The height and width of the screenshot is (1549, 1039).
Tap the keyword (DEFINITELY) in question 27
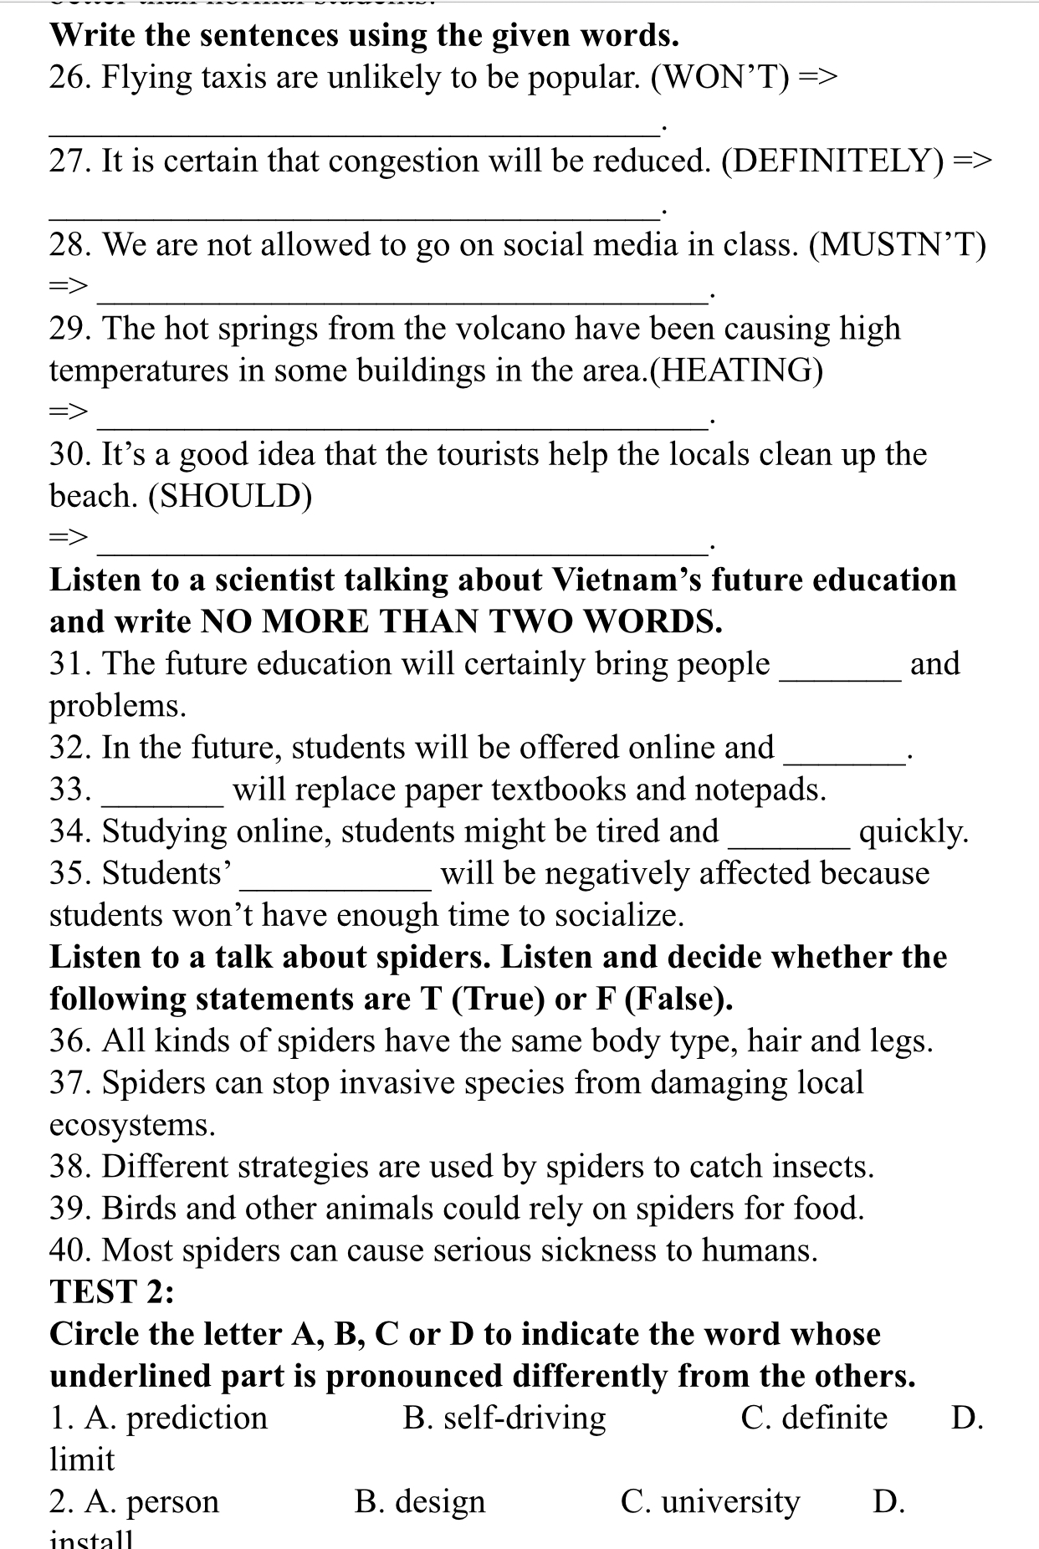(832, 161)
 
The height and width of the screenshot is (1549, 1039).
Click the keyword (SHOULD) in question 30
(230, 497)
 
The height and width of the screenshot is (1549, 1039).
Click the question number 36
(70, 1041)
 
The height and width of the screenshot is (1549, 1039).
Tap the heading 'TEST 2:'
(112, 1292)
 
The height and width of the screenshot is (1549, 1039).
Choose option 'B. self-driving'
(504, 1419)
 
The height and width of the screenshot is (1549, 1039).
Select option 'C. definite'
(814, 1419)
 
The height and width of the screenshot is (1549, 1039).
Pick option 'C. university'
(710, 1502)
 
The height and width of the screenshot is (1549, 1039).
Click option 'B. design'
(420, 1502)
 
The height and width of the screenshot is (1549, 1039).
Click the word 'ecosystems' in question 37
(131, 1125)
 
